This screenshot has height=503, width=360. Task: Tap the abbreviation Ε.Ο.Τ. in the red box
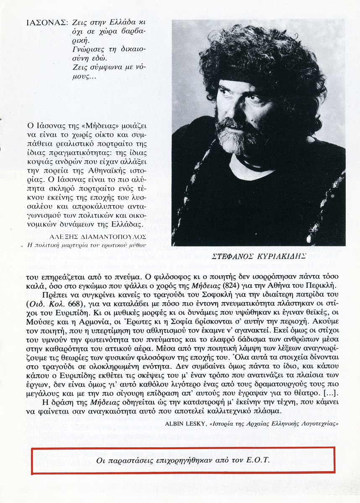pyautogui.click(x=255, y=460)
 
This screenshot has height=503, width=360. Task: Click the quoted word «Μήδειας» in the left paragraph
pyautogui.click(x=91, y=125)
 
